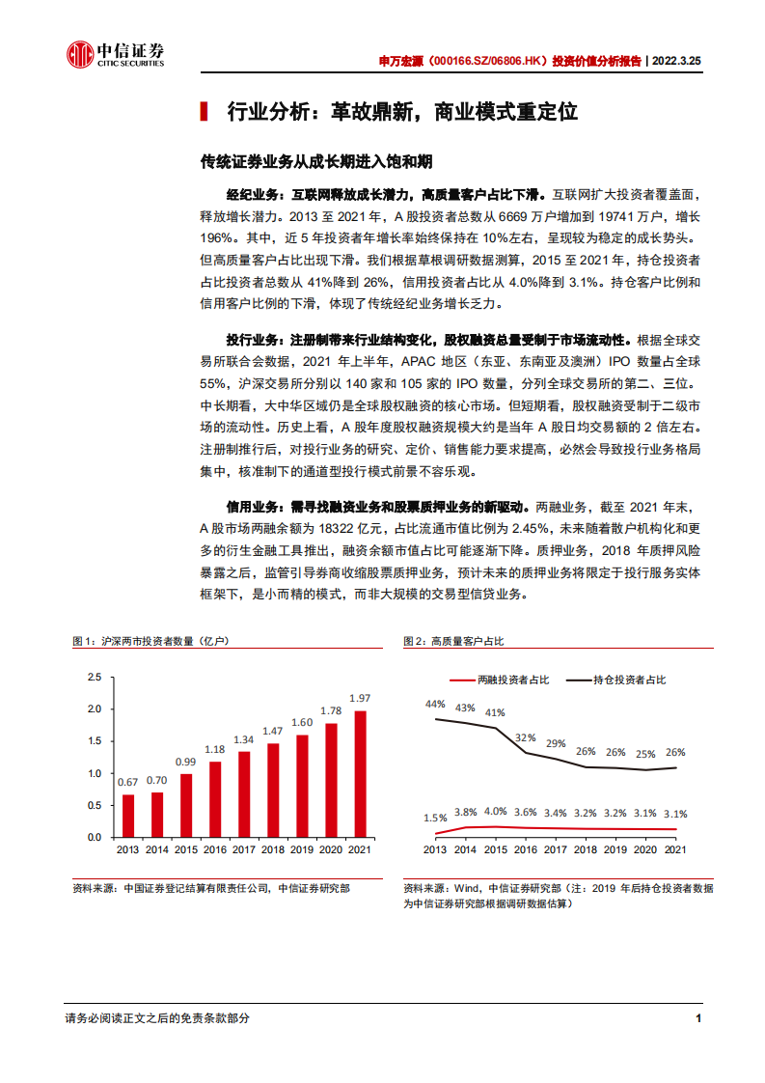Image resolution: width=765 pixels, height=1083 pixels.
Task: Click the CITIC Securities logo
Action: pyautogui.click(x=115, y=55)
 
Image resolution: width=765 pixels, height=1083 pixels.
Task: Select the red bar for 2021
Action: pyautogui.click(x=360, y=773)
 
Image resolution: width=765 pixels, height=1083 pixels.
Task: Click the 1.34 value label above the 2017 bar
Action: pyautogui.click(x=244, y=740)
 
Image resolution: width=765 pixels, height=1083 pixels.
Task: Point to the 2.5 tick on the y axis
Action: pyautogui.click(x=94, y=678)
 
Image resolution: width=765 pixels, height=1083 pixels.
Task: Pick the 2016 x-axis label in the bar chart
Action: pyautogui.click(x=214, y=849)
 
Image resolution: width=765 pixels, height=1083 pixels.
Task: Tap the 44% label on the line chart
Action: pyautogui.click(x=435, y=704)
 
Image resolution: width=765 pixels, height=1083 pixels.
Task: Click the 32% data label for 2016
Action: pyautogui.click(x=525, y=737)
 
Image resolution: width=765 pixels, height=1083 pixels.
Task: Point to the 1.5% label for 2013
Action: pyautogui.click(x=435, y=818)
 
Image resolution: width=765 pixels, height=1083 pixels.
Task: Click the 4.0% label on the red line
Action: pyautogui.click(x=495, y=812)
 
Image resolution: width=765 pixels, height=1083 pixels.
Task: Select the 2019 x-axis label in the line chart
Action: pyautogui.click(x=615, y=849)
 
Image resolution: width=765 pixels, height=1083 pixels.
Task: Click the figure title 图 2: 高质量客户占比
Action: pyautogui.click(x=453, y=641)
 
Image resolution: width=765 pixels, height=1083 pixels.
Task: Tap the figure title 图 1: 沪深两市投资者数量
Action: pyautogui.click(x=150, y=641)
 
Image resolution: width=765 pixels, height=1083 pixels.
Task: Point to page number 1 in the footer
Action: pyautogui.click(x=697, y=1018)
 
